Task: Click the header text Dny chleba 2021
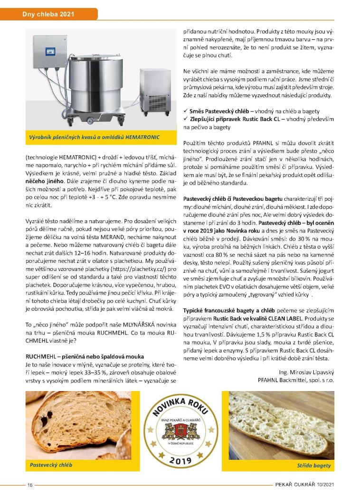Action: (x=48, y=14)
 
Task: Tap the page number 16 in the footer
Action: (x=29, y=484)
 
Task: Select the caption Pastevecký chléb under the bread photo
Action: (x=48, y=465)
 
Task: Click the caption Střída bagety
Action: (x=314, y=465)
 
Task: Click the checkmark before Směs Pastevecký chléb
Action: (x=186, y=110)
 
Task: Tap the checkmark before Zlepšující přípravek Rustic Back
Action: (x=186, y=119)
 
